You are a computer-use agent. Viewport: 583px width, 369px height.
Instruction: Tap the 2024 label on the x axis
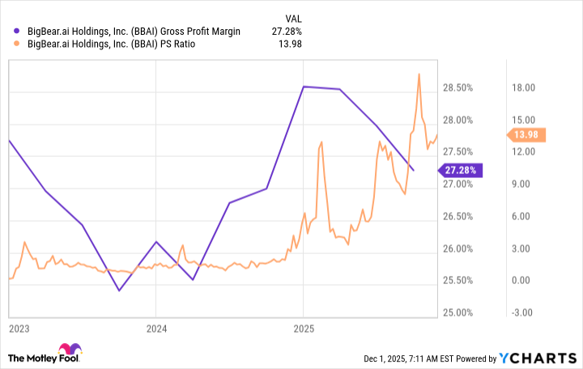tap(156, 329)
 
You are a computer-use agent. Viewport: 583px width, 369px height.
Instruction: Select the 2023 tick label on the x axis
tap(19, 329)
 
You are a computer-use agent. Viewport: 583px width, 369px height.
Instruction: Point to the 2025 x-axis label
tap(304, 329)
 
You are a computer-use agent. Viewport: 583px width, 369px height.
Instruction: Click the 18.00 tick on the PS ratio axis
tap(521, 87)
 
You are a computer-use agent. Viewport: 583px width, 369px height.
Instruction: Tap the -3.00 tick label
tap(521, 312)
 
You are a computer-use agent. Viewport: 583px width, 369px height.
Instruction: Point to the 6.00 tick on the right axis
tap(521, 216)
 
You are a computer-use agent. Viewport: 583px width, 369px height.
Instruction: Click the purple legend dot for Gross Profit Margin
tap(18, 31)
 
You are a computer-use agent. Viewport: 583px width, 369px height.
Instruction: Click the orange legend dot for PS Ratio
tap(18, 44)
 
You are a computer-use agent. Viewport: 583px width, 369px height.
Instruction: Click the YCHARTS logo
tap(540, 358)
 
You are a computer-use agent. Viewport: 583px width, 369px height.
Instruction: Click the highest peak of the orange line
tap(419, 74)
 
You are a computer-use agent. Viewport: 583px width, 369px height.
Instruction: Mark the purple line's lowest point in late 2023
tap(119, 291)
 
